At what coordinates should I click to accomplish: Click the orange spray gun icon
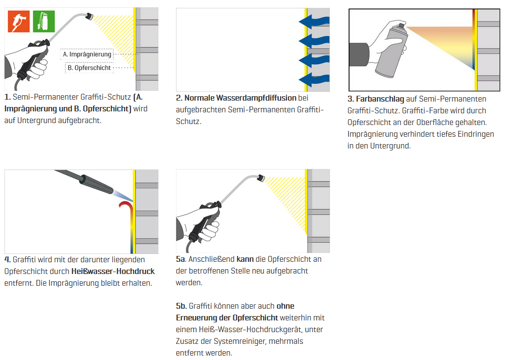pos(19,21)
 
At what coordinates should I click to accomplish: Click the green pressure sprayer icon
pos(44,21)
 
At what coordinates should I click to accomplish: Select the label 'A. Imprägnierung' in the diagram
pos(88,54)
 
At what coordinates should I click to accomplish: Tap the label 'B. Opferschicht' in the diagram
pos(89,68)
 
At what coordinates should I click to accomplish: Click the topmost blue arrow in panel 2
pos(314,21)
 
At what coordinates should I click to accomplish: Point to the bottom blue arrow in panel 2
pos(314,80)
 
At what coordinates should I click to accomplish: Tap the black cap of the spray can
pos(401,25)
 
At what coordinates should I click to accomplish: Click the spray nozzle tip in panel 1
pos(89,16)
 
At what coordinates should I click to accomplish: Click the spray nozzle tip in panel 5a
pos(261,177)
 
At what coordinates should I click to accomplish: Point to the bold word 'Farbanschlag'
pos(380,99)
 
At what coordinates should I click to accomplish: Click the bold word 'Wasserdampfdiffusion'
pos(240,98)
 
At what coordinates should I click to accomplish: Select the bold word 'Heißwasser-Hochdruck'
pos(113,272)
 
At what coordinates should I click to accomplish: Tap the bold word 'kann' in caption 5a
pos(245,259)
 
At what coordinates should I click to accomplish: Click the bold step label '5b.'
pos(181,306)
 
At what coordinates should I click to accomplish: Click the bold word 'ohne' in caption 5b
pos(286,306)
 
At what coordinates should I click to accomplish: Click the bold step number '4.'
pos(7,259)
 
